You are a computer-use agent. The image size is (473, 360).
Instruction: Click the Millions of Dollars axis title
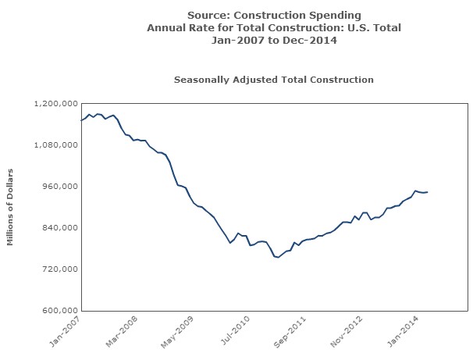(11, 207)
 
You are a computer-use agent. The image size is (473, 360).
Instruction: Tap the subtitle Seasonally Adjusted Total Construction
(273, 80)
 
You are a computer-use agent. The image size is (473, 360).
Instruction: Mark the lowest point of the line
(277, 257)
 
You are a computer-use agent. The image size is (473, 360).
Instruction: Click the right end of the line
(428, 192)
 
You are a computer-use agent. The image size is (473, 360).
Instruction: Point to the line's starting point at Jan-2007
(81, 120)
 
